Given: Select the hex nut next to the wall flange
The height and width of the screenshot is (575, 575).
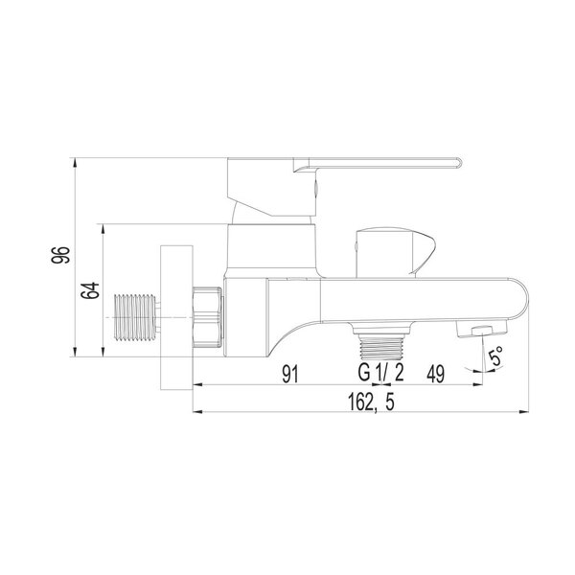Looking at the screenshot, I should pyautogui.click(x=208, y=315).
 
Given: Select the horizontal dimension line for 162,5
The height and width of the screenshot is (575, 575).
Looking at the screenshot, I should pyautogui.click(x=287, y=415).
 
